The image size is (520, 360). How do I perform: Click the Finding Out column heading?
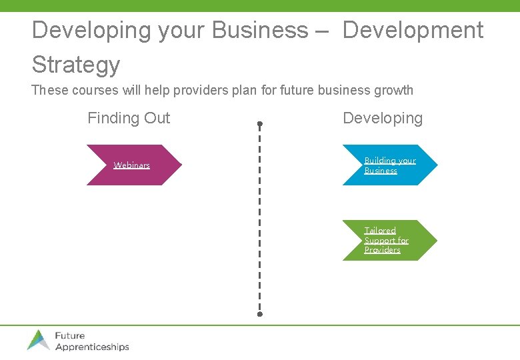pos(129,118)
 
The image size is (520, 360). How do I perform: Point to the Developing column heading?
pos(383,118)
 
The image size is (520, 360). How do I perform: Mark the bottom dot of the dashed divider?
pos(260,313)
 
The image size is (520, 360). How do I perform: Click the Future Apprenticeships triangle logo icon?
pos(39,339)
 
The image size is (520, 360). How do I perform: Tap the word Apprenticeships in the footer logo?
pos(92,347)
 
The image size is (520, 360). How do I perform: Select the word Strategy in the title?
pos(76,65)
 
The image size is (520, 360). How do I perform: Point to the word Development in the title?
pos(413,30)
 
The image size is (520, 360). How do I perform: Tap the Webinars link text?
pos(131,165)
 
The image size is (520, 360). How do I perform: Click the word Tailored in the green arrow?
pos(380,230)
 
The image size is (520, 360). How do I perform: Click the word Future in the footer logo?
pos(70,335)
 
